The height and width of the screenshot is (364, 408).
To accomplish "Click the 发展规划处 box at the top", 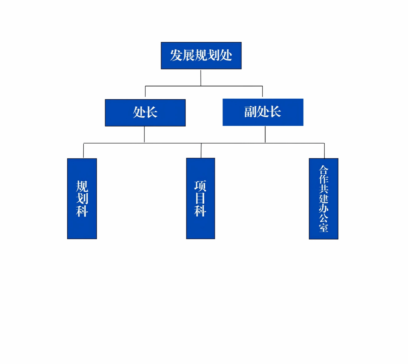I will [x=201, y=56].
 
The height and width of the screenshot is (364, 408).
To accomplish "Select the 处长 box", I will [x=145, y=113].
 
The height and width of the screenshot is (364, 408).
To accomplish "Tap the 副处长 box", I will [x=263, y=112].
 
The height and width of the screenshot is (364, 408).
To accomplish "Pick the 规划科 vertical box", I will [x=82, y=199].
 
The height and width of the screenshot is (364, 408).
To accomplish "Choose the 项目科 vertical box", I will [x=200, y=199].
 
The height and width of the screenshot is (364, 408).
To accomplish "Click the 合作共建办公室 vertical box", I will [x=323, y=199].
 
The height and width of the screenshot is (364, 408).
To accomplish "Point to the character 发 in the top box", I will [x=176, y=56].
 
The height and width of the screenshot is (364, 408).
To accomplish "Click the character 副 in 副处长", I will [x=250, y=112].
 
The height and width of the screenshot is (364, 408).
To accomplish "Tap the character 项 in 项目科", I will [x=200, y=186].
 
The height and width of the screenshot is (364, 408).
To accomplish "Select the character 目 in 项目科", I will [x=200, y=198].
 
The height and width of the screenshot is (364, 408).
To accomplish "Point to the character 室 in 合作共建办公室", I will [x=323, y=228].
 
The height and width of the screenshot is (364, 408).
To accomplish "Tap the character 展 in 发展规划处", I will [x=189, y=56].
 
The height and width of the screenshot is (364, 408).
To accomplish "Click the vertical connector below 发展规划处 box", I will [x=201, y=77].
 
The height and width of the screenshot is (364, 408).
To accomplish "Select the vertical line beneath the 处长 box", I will [x=144, y=134].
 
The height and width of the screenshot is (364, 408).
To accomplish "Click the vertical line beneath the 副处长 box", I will [x=265, y=134].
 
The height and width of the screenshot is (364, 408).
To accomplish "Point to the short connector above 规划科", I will [x=83, y=151].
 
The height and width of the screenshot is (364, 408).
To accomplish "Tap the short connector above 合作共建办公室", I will [x=324, y=151].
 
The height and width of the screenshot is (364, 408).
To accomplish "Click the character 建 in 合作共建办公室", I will [x=323, y=199].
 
